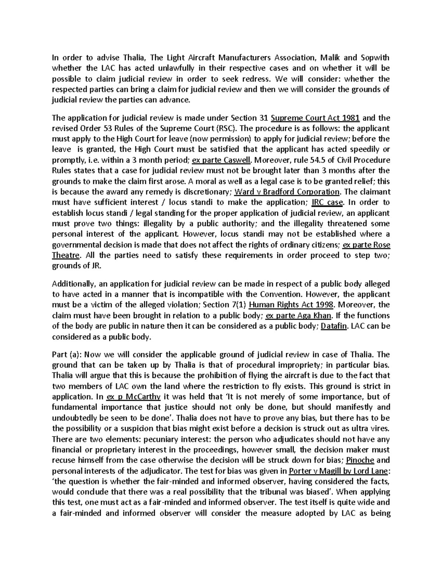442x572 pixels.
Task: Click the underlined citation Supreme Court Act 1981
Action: point(315,118)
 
